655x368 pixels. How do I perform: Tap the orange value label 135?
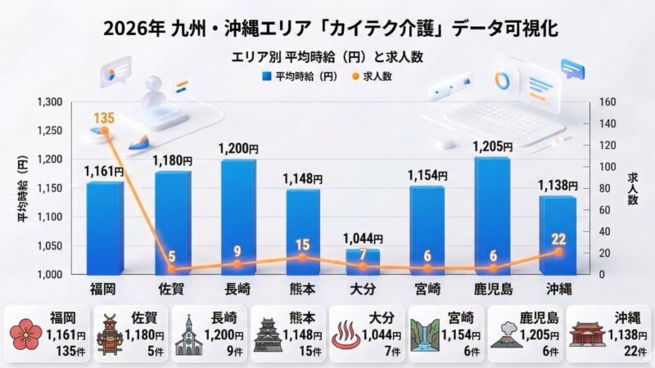(103, 118)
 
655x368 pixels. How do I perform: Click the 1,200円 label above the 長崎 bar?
(238, 150)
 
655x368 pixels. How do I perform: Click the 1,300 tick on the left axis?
(51, 102)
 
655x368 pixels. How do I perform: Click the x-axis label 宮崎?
(427, 289)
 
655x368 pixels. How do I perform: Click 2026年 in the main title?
(132, 29)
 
